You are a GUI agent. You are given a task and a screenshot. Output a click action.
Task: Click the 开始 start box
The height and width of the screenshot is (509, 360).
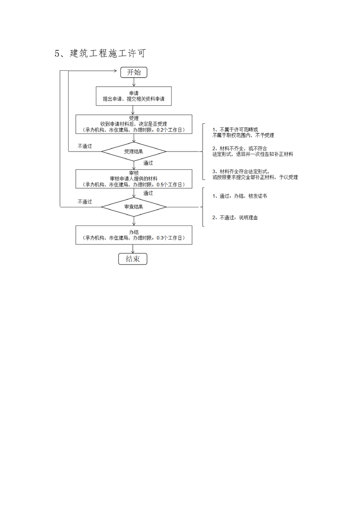click(x=133, y=72)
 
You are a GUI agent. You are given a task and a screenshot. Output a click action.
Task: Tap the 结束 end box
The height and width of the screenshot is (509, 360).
click(x=133, y=259)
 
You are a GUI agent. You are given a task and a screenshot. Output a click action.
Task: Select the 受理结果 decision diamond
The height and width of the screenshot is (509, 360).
click(x=133, y=151)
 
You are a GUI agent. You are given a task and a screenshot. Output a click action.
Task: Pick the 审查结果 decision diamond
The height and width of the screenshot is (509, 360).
click(x=133, y=207)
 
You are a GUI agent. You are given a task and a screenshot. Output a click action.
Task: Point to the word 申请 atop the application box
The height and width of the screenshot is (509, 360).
click(x=133, y=93)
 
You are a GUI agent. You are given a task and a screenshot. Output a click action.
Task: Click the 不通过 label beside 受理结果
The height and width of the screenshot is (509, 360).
click(x=84, y=146)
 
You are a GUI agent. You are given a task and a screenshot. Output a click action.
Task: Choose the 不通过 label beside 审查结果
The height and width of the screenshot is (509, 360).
click(x=84, y=202)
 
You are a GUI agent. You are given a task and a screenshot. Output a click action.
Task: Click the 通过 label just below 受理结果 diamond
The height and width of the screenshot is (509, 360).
click(x=148, y=163)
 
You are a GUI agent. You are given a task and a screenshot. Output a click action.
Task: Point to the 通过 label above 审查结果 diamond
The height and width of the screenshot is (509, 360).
click(x=148, y=193)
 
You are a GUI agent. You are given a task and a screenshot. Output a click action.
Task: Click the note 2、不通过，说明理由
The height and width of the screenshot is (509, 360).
click(x=235, y=218)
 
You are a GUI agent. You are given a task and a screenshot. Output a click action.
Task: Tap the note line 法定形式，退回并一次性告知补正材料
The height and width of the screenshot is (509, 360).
click(x=252, y=154)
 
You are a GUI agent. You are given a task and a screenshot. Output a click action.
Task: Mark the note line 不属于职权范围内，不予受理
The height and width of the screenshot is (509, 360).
click(x=243, y=135)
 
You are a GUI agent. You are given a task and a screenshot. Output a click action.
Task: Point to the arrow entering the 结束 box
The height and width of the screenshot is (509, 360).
click(x=133, y=251)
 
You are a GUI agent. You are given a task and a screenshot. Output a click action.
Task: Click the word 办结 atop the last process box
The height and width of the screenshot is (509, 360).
click(x=133, y=232)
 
